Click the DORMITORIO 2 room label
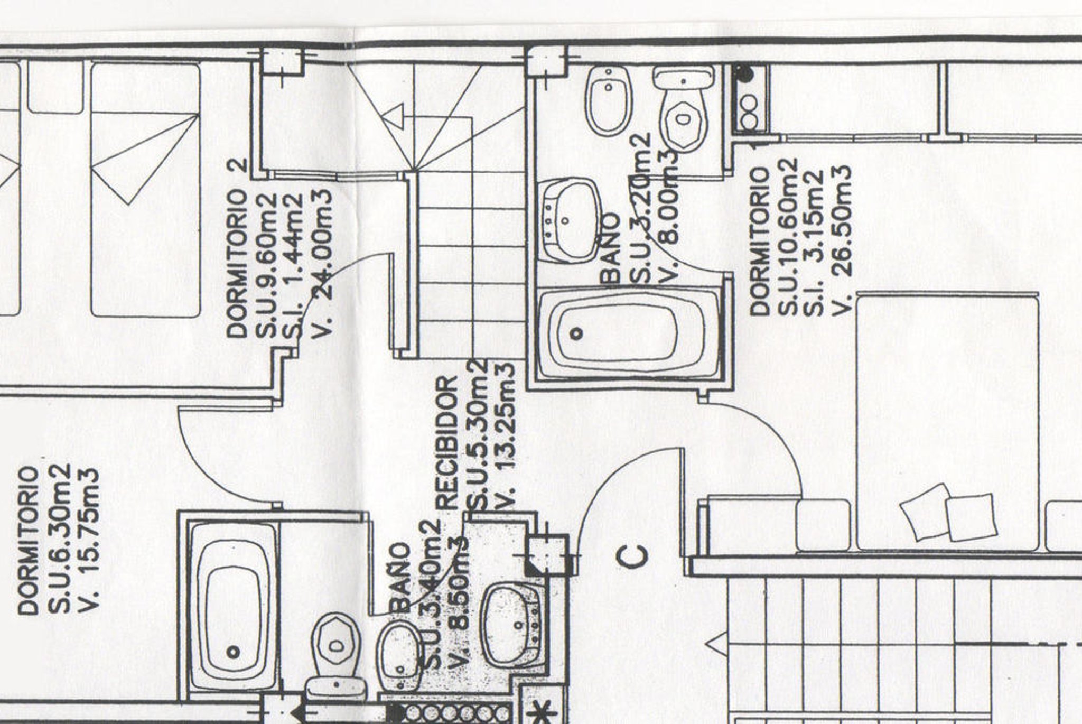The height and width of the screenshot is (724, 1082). [x=239, y=248]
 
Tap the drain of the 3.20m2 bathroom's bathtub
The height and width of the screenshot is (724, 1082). [x=577, y=333]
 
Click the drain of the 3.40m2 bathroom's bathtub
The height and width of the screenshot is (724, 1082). [x=233, y=652]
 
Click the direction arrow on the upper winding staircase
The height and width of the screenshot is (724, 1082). [x=394, y=117]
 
